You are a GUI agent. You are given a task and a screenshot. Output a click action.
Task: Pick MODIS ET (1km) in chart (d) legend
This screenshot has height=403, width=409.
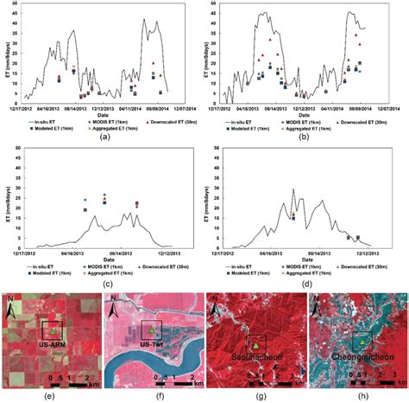point(313,267)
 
